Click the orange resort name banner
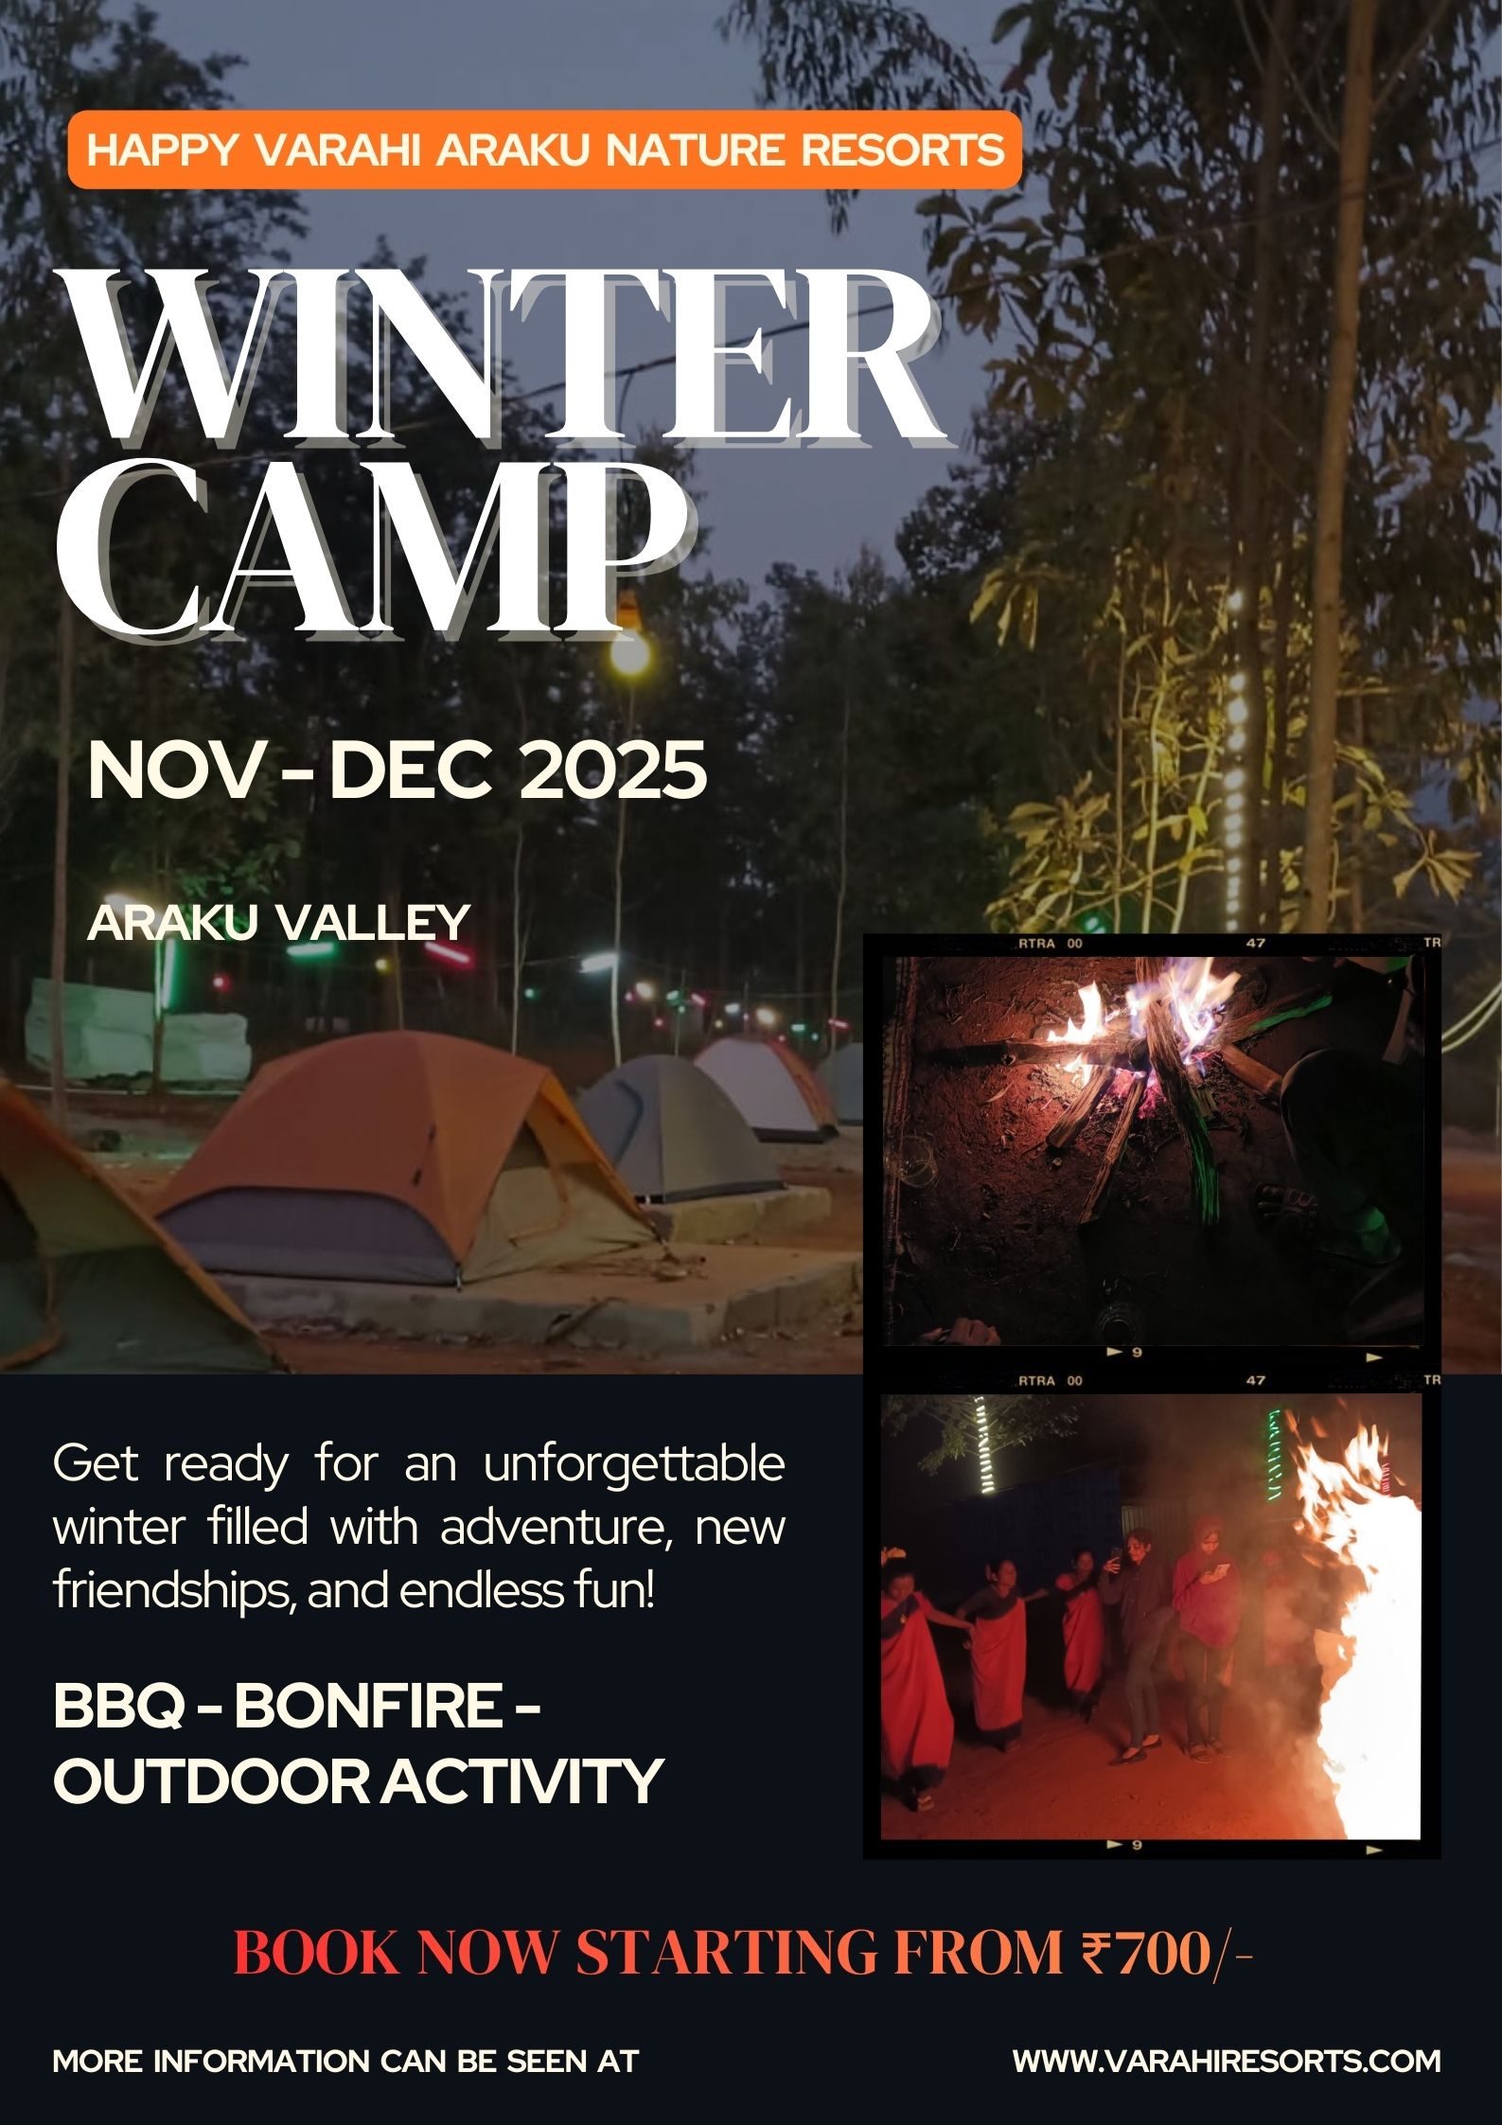(x=544, y=150)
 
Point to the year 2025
(x=613, y=770)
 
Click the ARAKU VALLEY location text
(x=278, y=922)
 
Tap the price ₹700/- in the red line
(x=1168, y=1953)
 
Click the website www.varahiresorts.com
(x=1227, y=2061)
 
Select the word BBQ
(x=118, y=1705)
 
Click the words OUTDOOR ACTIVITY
(x=358, y=1780)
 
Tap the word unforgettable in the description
(x=634, y=1465)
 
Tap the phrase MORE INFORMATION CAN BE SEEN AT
(x=345, y=2061)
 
